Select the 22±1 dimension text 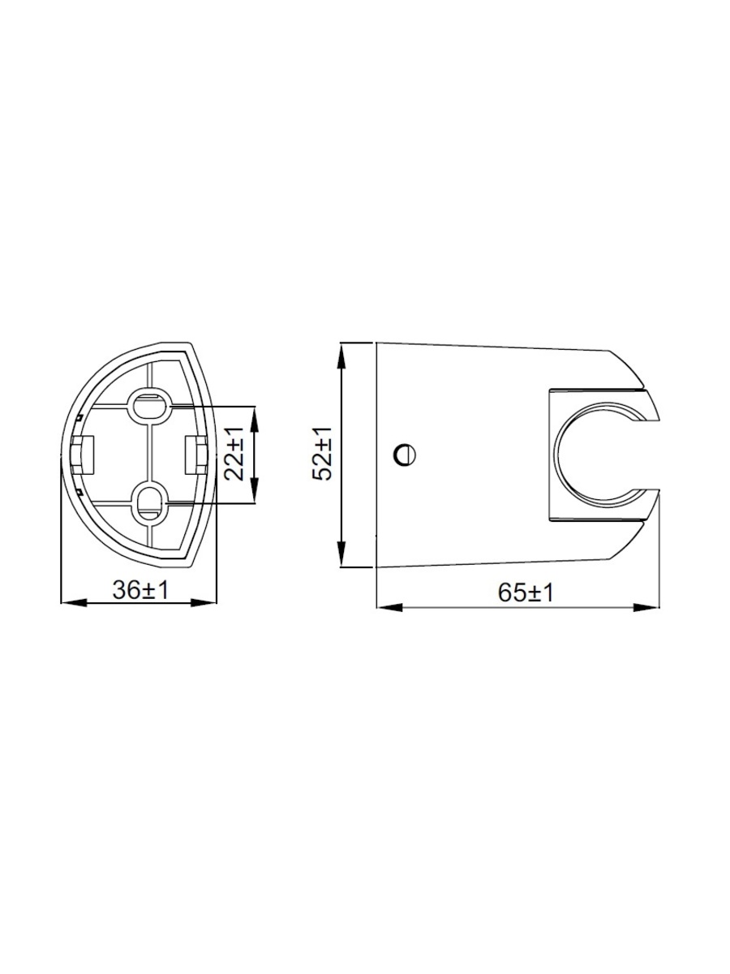pyautogui.click(x=234, y=455)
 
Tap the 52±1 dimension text pyautogui.click(x=322, y=454)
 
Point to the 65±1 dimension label pyautogui.click(x=526, y=593)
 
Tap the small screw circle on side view pyautogui.click(x=404, y=455)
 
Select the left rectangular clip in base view pyautogui.click(x=83, y=455)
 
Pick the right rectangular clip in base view pyautogui.click(x=195, y=455)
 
